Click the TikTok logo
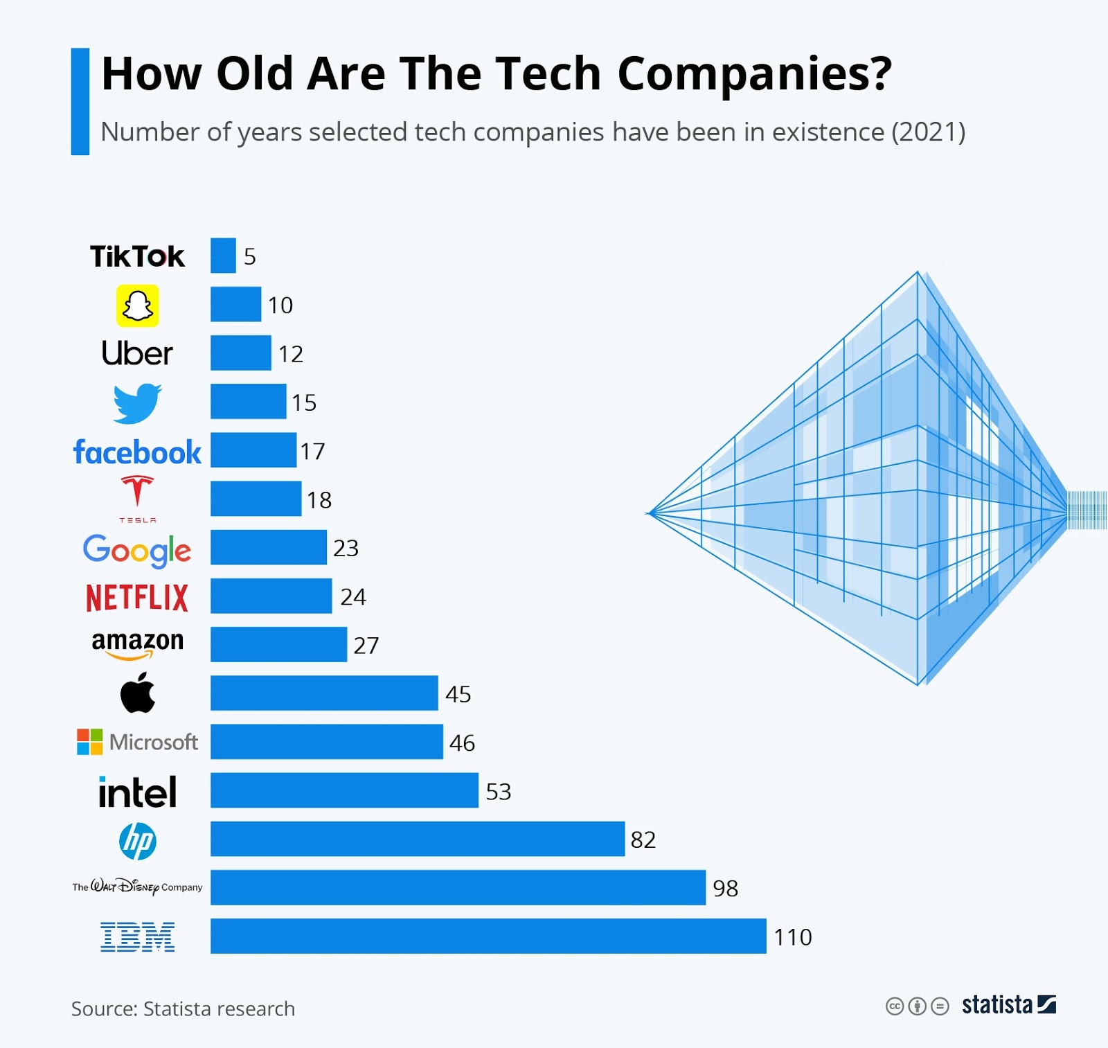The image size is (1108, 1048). [x=137, y=256]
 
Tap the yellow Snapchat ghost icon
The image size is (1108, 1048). [x=137, y=305]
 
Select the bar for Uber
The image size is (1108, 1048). [x=240, y=353]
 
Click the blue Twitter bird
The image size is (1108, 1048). [x=137, y=402]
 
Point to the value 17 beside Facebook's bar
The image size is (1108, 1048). [x=312, y=452]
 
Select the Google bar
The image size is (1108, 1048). [x=268, y=548]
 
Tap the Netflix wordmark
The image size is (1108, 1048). [x=137, y=598]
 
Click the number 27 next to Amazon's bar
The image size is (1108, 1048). [x=366, y=646]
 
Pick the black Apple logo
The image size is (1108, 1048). [x=138, y=693]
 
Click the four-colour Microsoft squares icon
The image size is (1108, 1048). [x=89, y=742]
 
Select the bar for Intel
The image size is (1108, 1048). [x=344, y=790]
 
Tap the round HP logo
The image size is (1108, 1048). [x=137, y=841]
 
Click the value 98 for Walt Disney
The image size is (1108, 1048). [x=725, y=888]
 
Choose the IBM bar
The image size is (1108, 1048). [x=488, y=936]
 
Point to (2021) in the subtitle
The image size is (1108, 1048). [x=928, y=132]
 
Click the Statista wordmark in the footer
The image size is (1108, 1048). [x=997, y=1004]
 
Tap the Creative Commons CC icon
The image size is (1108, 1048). [x=895, y=1006]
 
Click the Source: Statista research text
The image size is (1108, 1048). [x=183, y=1009]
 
